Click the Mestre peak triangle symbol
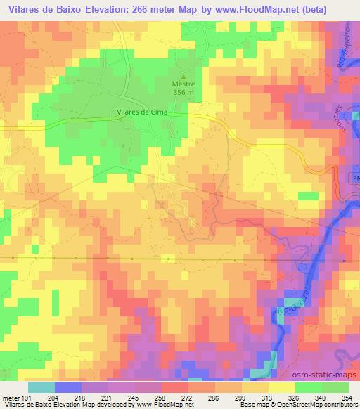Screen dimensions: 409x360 click(184, 77)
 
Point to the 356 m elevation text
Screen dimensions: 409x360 click(184, 93)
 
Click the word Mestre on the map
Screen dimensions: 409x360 click(184, 85)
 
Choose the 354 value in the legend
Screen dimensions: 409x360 click(346, 397)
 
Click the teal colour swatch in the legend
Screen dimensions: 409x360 click(41, 387)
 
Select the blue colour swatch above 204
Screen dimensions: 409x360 click(68, 387)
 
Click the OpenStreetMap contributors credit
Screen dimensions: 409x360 click(319, 405)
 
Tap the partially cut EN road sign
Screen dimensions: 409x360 click(355, 180)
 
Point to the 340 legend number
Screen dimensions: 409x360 click(321, 397)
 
